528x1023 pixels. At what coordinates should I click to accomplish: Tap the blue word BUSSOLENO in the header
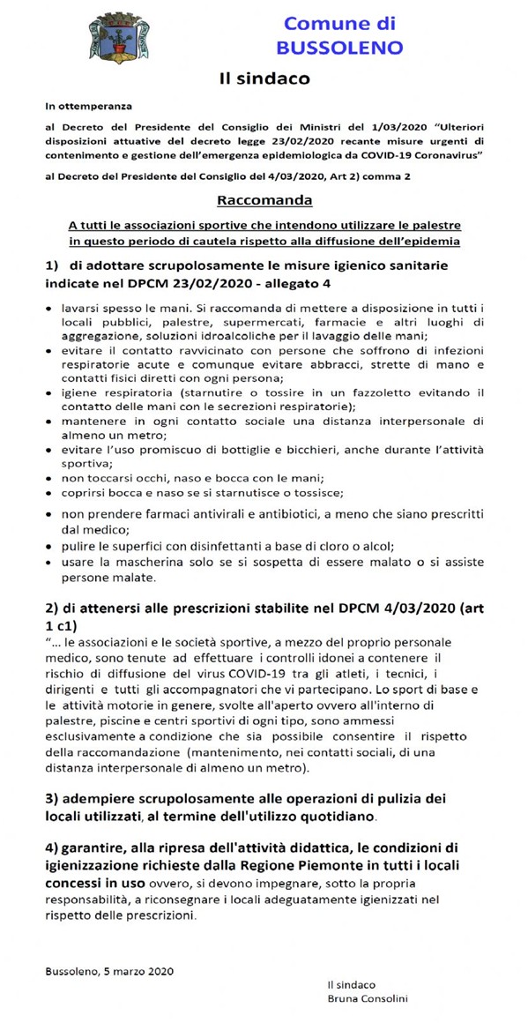tap(338, 47)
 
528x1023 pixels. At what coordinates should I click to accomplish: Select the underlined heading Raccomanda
tap(264, 199)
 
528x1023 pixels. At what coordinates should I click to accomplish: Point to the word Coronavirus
tap(442, 154)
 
